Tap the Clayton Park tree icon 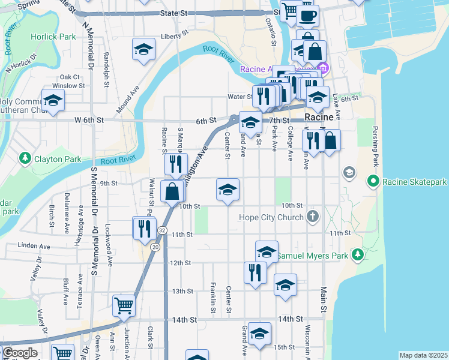pyautogui.click(x=25, y=159)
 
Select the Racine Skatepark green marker pyautogui.click(x=373, y=181)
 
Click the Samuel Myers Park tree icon pyautogui.click(x=358, y=255)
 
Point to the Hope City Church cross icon pyautogui.click(x=312, y=217)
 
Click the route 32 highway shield pyautogui.click(x=162, y=230)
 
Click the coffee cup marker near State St pyautogui.click(x=308, y=15)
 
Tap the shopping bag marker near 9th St pyautogui.click(x=172, y=191)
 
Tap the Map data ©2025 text pyautogui.click(x=423, y=355)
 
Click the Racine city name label pyautogui.click(x=319, y=117)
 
